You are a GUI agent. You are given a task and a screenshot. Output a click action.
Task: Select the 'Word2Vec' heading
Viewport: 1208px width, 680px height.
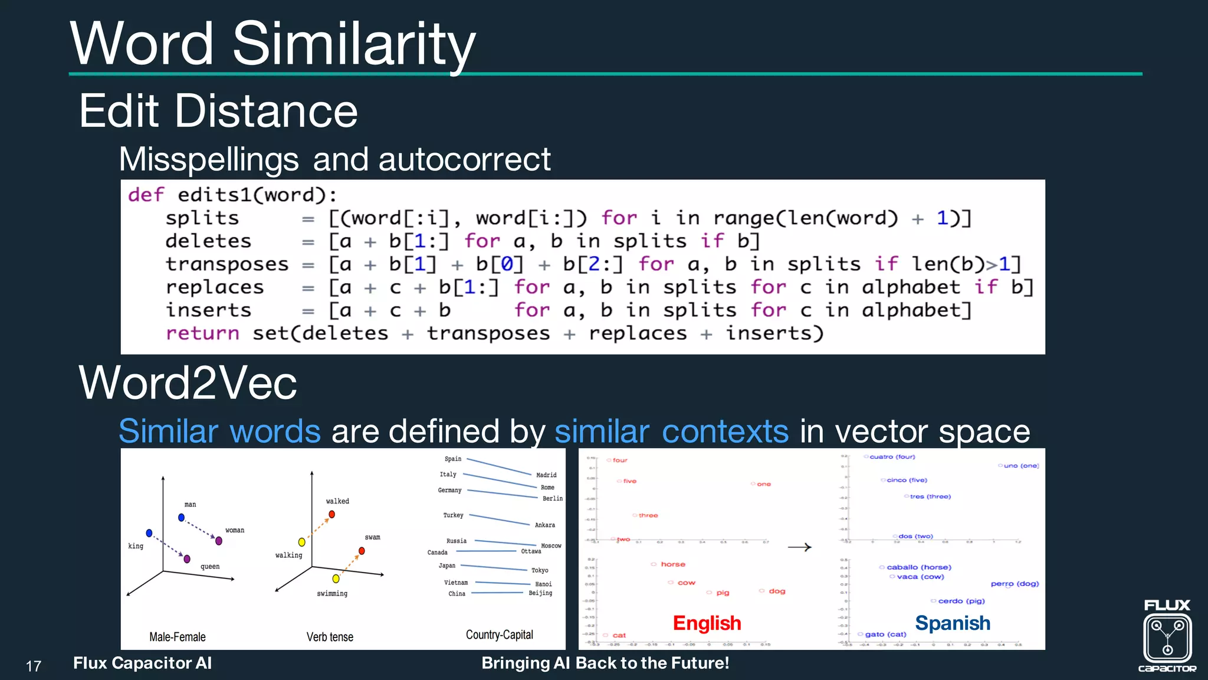(188, 383)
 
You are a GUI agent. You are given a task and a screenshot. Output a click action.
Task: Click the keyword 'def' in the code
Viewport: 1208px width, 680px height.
(146, 195)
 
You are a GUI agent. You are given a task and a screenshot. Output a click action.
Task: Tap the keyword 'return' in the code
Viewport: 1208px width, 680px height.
(202, 334)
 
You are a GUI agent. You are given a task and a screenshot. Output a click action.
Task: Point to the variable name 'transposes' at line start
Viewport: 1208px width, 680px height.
(227, 264)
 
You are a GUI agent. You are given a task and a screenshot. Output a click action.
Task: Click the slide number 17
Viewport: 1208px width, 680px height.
(34, 666)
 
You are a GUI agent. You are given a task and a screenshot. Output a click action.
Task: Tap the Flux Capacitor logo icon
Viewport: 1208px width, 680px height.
(1167, 637)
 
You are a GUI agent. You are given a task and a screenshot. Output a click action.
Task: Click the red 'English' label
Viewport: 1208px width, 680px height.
(707, 623)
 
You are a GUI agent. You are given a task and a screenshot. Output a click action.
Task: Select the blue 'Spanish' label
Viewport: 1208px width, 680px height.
(952, 623)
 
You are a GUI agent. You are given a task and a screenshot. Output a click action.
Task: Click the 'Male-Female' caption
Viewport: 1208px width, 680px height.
(177, 637)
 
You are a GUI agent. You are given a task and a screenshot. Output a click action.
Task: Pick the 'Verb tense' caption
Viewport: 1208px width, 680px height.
(330, 637)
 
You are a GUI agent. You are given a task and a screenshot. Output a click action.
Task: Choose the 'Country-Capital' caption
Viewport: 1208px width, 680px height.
(499, 635)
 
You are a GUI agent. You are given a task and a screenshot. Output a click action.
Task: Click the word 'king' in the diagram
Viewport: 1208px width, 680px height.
(136, 546)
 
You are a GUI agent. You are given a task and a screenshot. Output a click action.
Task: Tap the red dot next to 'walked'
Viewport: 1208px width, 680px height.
(332, 515)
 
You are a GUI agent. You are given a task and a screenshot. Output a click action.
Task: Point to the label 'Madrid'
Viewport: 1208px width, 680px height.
(546, 475)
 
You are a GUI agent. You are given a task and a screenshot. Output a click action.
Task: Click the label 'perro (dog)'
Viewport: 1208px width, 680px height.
(1015, 584)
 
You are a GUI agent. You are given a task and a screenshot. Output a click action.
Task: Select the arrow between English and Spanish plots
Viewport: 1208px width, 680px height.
(799, 548)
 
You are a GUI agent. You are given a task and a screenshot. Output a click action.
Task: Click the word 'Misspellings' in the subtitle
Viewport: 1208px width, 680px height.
(209, 159)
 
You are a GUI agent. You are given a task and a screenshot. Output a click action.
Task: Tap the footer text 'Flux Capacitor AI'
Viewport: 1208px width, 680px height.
(142, 663)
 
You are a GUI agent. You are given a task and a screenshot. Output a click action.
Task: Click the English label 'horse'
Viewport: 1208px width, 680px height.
(672, 564)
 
